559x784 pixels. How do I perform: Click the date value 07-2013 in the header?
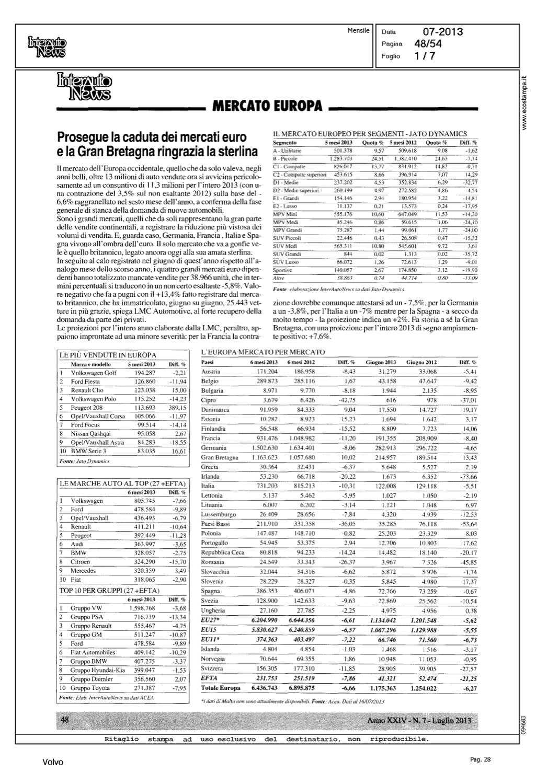tap(443, 32)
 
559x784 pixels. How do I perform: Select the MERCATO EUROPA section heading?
tap(266, 107)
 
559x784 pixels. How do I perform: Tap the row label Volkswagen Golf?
tap(94, 373)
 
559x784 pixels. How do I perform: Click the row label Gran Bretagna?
tap(219, 457)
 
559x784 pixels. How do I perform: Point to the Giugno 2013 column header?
tap(381, 362)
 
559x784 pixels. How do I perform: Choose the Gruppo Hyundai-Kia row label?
tap(98, 670)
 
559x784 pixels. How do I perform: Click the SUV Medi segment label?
tap(286, 246)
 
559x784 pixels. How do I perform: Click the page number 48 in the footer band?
tap(65, 720)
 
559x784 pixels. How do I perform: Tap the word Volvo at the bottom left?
tap(53, 763)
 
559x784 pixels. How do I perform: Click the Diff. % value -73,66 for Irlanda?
tap(467, 477)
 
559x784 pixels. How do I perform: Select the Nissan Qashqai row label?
tap(90, 434)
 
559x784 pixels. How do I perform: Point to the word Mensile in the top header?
tap(358, 31)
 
